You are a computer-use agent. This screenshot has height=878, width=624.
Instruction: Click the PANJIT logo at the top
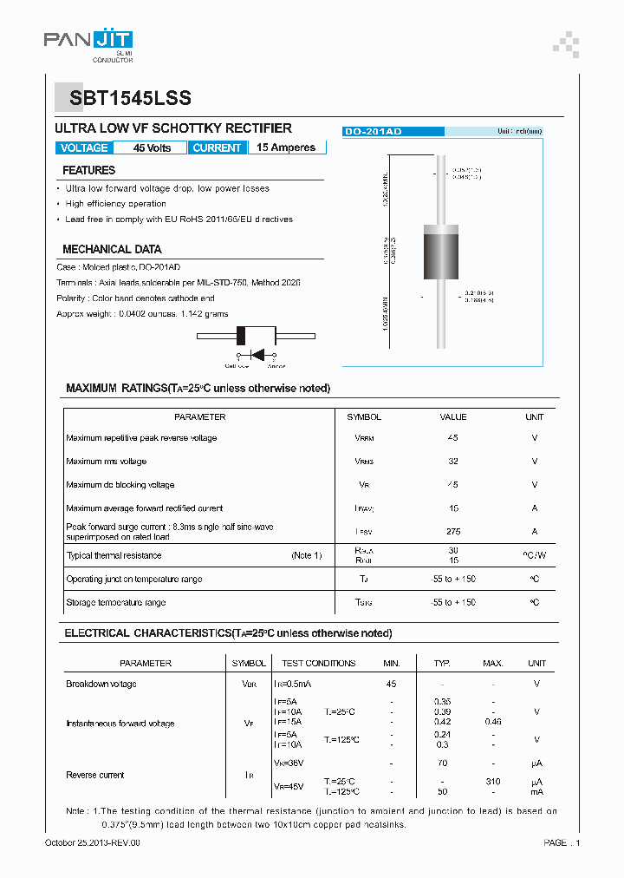[x=88, y=43]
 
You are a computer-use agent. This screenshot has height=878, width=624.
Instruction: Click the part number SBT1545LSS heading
[x=123, y=98]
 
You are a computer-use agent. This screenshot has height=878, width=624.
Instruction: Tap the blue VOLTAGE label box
[x=84, y=147]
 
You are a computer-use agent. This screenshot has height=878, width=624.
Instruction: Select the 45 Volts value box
[x=152, y=147]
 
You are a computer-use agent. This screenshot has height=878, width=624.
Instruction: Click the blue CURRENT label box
[x=217, y=147]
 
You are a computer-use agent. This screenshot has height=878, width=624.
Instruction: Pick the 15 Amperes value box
[x=286, y=147]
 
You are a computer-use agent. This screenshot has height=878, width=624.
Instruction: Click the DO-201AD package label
[x=373, y=131]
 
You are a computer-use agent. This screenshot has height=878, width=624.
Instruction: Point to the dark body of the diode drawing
[x=439, y=252]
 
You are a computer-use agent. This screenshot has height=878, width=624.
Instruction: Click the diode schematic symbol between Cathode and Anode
[x=257, y=354]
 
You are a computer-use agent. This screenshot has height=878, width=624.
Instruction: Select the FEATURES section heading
[x=88, y=170]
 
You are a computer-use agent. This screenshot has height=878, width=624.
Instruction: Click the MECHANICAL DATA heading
[x=112, y=249]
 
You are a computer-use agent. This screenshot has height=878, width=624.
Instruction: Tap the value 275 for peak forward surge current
[x=453, y=531]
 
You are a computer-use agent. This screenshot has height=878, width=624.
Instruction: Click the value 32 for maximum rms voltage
[x=453, y=461]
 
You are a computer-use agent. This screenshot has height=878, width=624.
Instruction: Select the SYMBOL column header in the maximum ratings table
[x=364, y=416]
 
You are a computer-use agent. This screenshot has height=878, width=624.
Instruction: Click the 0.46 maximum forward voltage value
[x=493, y=721]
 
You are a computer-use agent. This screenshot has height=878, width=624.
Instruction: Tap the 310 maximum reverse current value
[x=493, y=782]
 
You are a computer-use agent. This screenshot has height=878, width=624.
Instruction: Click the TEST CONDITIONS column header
[x=319, y=663]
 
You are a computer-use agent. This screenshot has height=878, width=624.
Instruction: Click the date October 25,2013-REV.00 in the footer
[x=92, y=842]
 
